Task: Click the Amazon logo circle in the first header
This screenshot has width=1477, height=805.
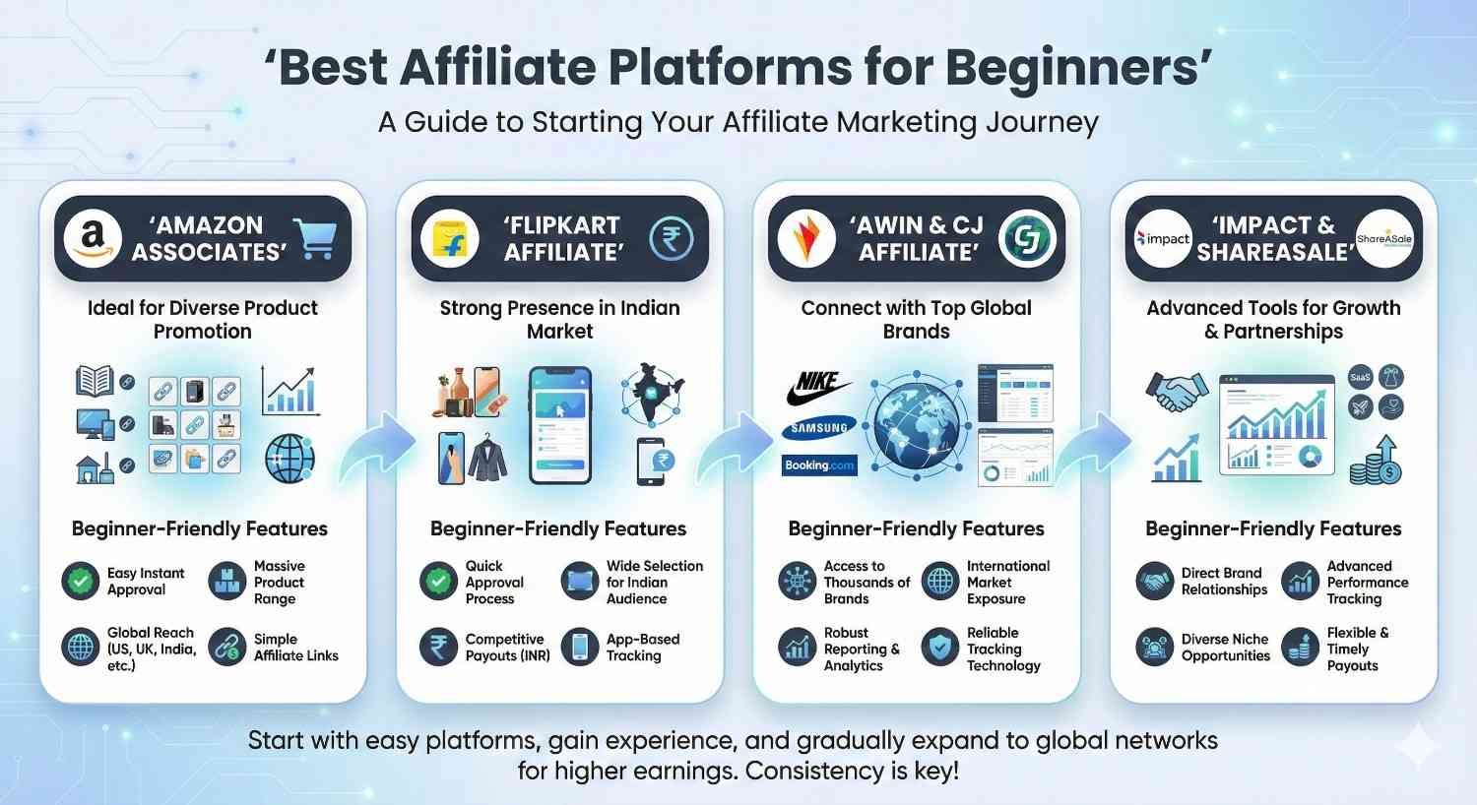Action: click(92, 238)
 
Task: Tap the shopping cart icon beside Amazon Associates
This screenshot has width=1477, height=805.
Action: click(316, 238)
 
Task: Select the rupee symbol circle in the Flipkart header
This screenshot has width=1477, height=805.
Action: click(671, 238)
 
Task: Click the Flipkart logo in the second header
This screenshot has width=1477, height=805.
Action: click(449, 239)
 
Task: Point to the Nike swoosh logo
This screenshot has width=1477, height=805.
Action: click(818, 390)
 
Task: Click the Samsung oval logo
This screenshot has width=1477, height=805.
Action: click(819, 428)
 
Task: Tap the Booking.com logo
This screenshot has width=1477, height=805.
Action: click(819, 465)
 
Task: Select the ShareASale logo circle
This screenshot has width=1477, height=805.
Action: click(1383, 239)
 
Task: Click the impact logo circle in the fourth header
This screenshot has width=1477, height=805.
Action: click(1163, 239)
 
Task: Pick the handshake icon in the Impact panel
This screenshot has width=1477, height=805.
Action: click(1176, 391)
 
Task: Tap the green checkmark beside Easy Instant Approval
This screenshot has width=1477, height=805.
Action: click(80, 582)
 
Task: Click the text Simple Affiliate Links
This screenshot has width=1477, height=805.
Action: click(295, 647)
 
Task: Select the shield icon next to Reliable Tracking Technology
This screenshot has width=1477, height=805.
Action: click(940, 648)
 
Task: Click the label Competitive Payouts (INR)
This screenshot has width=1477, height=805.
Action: click(507, 647)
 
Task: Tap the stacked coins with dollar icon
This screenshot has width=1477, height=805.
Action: click(1376, 460)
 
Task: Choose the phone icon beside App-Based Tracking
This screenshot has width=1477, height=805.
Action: click(580, 647)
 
